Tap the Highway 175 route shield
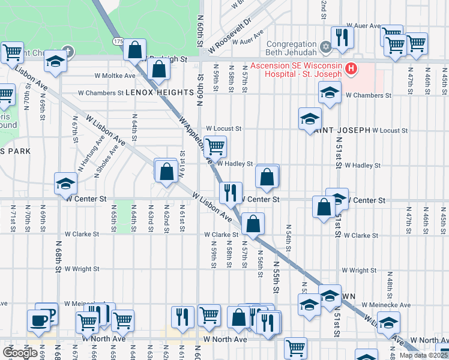tap(118, 40)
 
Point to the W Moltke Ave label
tap(115, 76)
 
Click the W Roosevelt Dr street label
tap(229, 37)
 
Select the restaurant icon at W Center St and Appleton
tap(231, 193)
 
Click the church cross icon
tap(67, 52)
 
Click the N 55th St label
tap(277, 277)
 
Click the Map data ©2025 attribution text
tap(423, 355)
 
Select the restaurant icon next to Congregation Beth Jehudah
tap(342, 37)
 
